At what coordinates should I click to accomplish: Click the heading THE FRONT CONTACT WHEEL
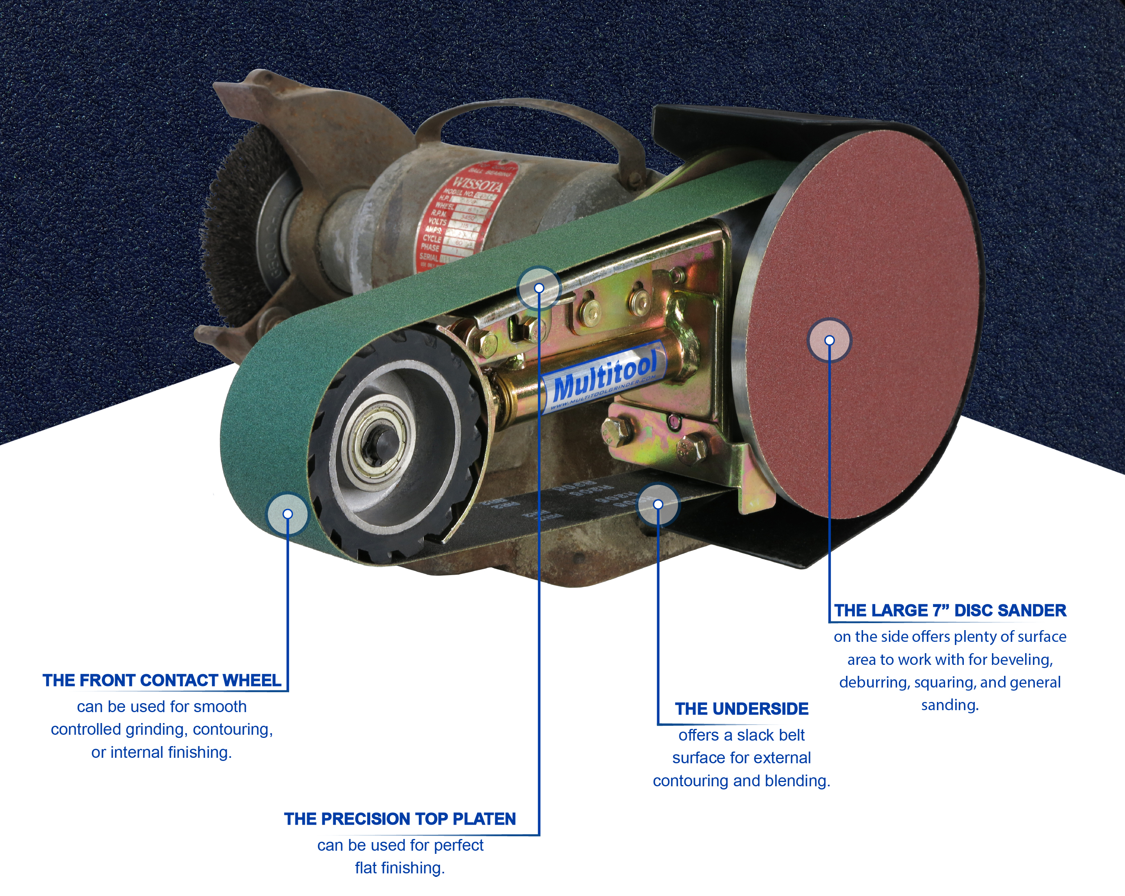[162, 680]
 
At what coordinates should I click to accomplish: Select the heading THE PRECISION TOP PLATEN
[400, 819]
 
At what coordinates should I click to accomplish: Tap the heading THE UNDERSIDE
[741, 709]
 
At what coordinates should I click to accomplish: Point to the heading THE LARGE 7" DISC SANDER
[950, 610]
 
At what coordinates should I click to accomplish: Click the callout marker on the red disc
[829, 340]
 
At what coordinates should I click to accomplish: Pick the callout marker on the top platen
[539, 288]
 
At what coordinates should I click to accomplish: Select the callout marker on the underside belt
[658, 504]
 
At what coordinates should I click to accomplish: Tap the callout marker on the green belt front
[288, 514]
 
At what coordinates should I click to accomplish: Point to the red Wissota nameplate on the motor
[459, 219]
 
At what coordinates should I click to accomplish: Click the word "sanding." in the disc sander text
[950, 705]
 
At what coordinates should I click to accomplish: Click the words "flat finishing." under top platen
[400, 868]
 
